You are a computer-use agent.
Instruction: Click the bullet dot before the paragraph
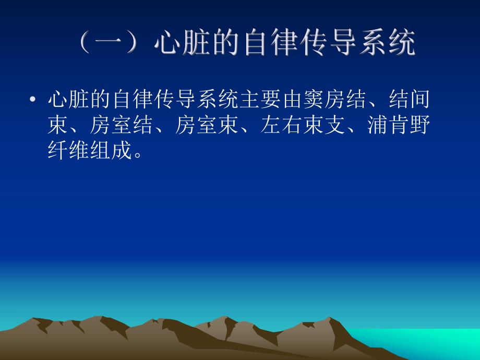point(33,99)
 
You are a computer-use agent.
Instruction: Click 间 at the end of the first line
point(421,99)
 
